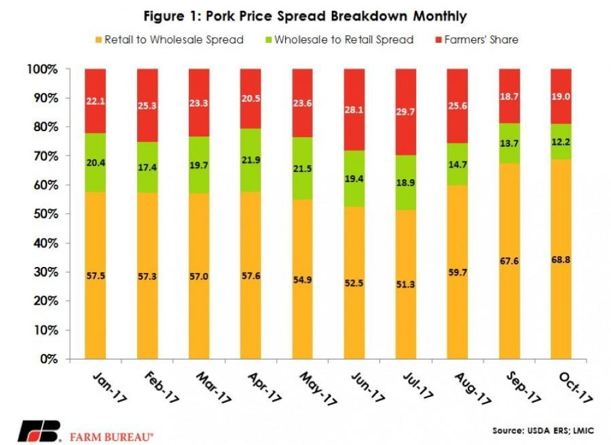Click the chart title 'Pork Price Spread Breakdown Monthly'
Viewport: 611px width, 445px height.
(x=305, y=15)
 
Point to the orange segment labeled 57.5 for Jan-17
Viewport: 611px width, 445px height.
(x=96, y=276)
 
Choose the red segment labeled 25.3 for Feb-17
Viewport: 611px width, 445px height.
(x=147, y=105)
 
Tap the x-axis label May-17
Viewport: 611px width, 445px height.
(x=319, y=388)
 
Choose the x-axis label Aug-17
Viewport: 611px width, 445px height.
(x=473, y=388)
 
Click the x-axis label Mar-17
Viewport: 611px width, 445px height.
(x=215, y=388)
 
